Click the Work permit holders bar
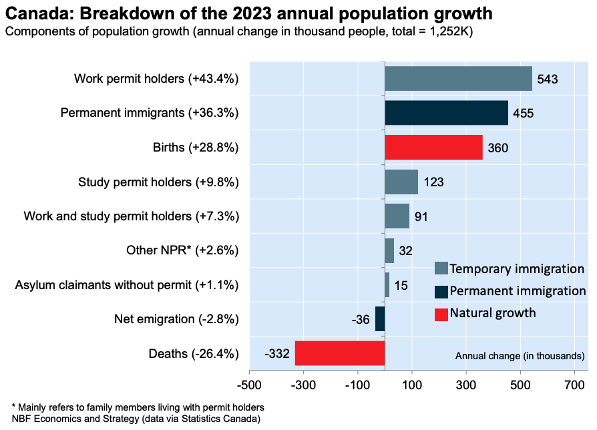[x=458, y=79]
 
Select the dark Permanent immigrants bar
[x=446, y=113]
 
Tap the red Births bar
[x=433, y=148]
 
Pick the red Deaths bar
[x=340, y=353]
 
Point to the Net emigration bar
[x=380, y=319]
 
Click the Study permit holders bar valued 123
[x=401, y=182]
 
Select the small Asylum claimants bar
[x=387, y=285]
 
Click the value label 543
[x=547, y=79]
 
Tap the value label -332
[x=276, y=354]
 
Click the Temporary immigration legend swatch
[x=441, y=268]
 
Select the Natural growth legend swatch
[x=441, y=313]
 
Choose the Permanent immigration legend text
[x=518, y=291]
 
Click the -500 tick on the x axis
[x=250, y=385]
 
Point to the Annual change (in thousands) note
[x=520, y=355]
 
